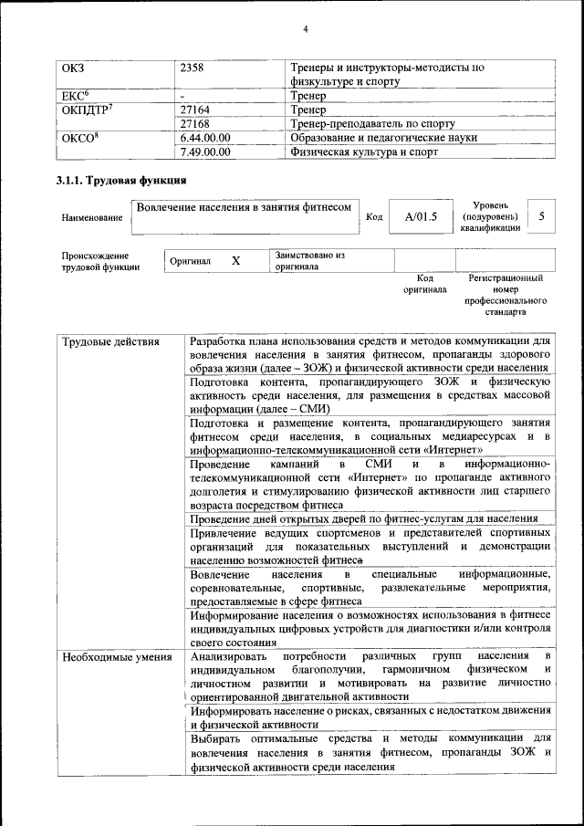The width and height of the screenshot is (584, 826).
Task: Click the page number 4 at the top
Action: pyautogui.click(x=306, y=30)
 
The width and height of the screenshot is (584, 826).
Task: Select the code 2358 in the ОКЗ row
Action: pyautogui.click(x=193, y=68)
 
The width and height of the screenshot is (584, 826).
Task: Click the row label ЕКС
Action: pyautogui.click(x=74, y=95)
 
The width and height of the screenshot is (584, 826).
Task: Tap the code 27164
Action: pyautogui.click(x=197, y=109)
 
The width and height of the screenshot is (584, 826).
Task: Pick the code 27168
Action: pyautogui.click(x=197, y=123)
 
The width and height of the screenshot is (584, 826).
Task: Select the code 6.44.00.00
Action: pyautogui.click(x=205, y=138)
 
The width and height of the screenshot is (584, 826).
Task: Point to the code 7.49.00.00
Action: pyautogui.click(x=205, y=152)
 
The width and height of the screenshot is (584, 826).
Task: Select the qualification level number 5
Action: pyautogui.click(x=542, y=216)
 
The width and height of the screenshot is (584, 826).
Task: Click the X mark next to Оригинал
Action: pyautogui.click(x=235, y=261)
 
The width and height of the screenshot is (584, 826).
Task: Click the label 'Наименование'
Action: pyautogui.click(x=91, y=218)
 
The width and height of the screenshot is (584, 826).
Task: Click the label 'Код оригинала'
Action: pyautogui.click(x=424, y=283)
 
